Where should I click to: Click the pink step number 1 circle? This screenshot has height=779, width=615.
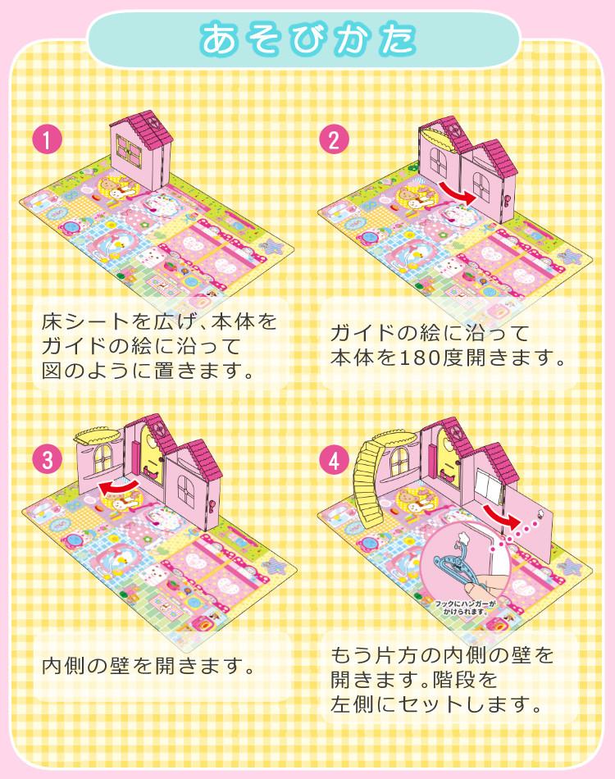(48, 140)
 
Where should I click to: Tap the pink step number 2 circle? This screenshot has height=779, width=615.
(331, 140)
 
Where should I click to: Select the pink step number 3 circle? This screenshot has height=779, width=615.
(48, 460)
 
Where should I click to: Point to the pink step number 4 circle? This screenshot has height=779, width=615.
(331, 460)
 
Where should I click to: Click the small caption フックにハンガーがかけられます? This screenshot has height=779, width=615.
(467, 606)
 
